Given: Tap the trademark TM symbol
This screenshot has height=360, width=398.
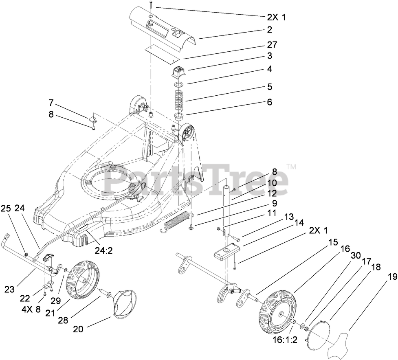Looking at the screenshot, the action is coord(291,166).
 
